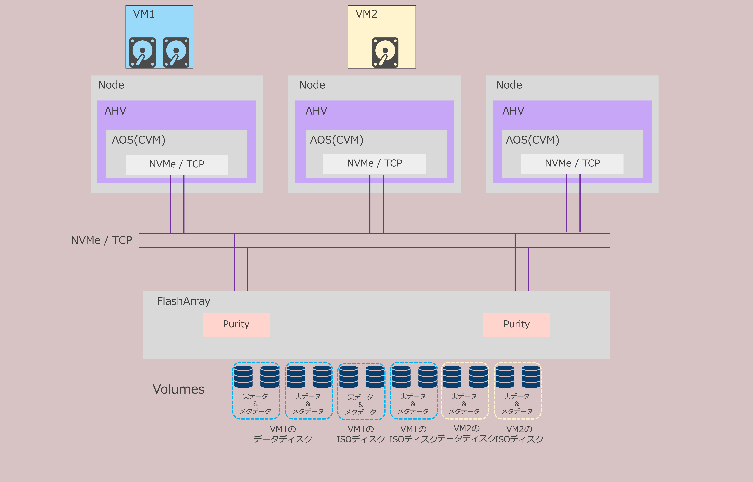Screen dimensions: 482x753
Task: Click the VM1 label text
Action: (x=144, y=14)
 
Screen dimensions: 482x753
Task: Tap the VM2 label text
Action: (x=366, y=14)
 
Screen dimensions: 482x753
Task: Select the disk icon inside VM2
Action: (x=385, y=52)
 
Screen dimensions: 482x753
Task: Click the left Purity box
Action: (x=236, y=325)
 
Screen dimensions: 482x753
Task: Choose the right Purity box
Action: (x=517, y=325)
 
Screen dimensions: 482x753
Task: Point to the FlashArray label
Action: (x=184, y=301)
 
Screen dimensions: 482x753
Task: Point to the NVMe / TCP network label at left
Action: (x=102, y=240)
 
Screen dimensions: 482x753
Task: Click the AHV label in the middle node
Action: (x=316, y=111)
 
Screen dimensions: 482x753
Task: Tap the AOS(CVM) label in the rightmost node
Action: (x=533, y=140)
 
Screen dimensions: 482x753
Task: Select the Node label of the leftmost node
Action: (x=111, y=85)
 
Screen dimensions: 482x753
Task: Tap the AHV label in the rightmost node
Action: (x=513, y=111)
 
